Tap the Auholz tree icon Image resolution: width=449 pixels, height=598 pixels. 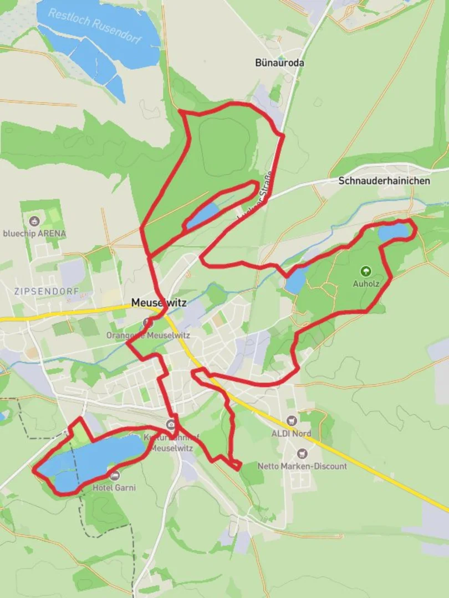[x=365, y=271]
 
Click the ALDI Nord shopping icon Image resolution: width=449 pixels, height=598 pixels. [x=292, y=421]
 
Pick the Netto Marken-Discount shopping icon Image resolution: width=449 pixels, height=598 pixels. [x=302, y=454]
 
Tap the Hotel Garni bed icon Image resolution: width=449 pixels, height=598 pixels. [x=115, y=476]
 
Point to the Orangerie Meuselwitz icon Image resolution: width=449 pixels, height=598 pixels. [x=147, y=322]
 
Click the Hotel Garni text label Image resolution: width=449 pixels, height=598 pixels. [x=114, y=488]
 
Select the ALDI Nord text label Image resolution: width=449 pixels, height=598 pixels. [x=292, y=434]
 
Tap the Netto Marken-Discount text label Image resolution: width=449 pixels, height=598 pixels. [x=302, y=466]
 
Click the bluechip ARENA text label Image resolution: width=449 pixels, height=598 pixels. [x=34, y=234]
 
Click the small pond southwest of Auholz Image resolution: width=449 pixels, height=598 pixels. [x=295, y=281]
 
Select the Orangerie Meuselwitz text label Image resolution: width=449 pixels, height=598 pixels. [x=148, y=336]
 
